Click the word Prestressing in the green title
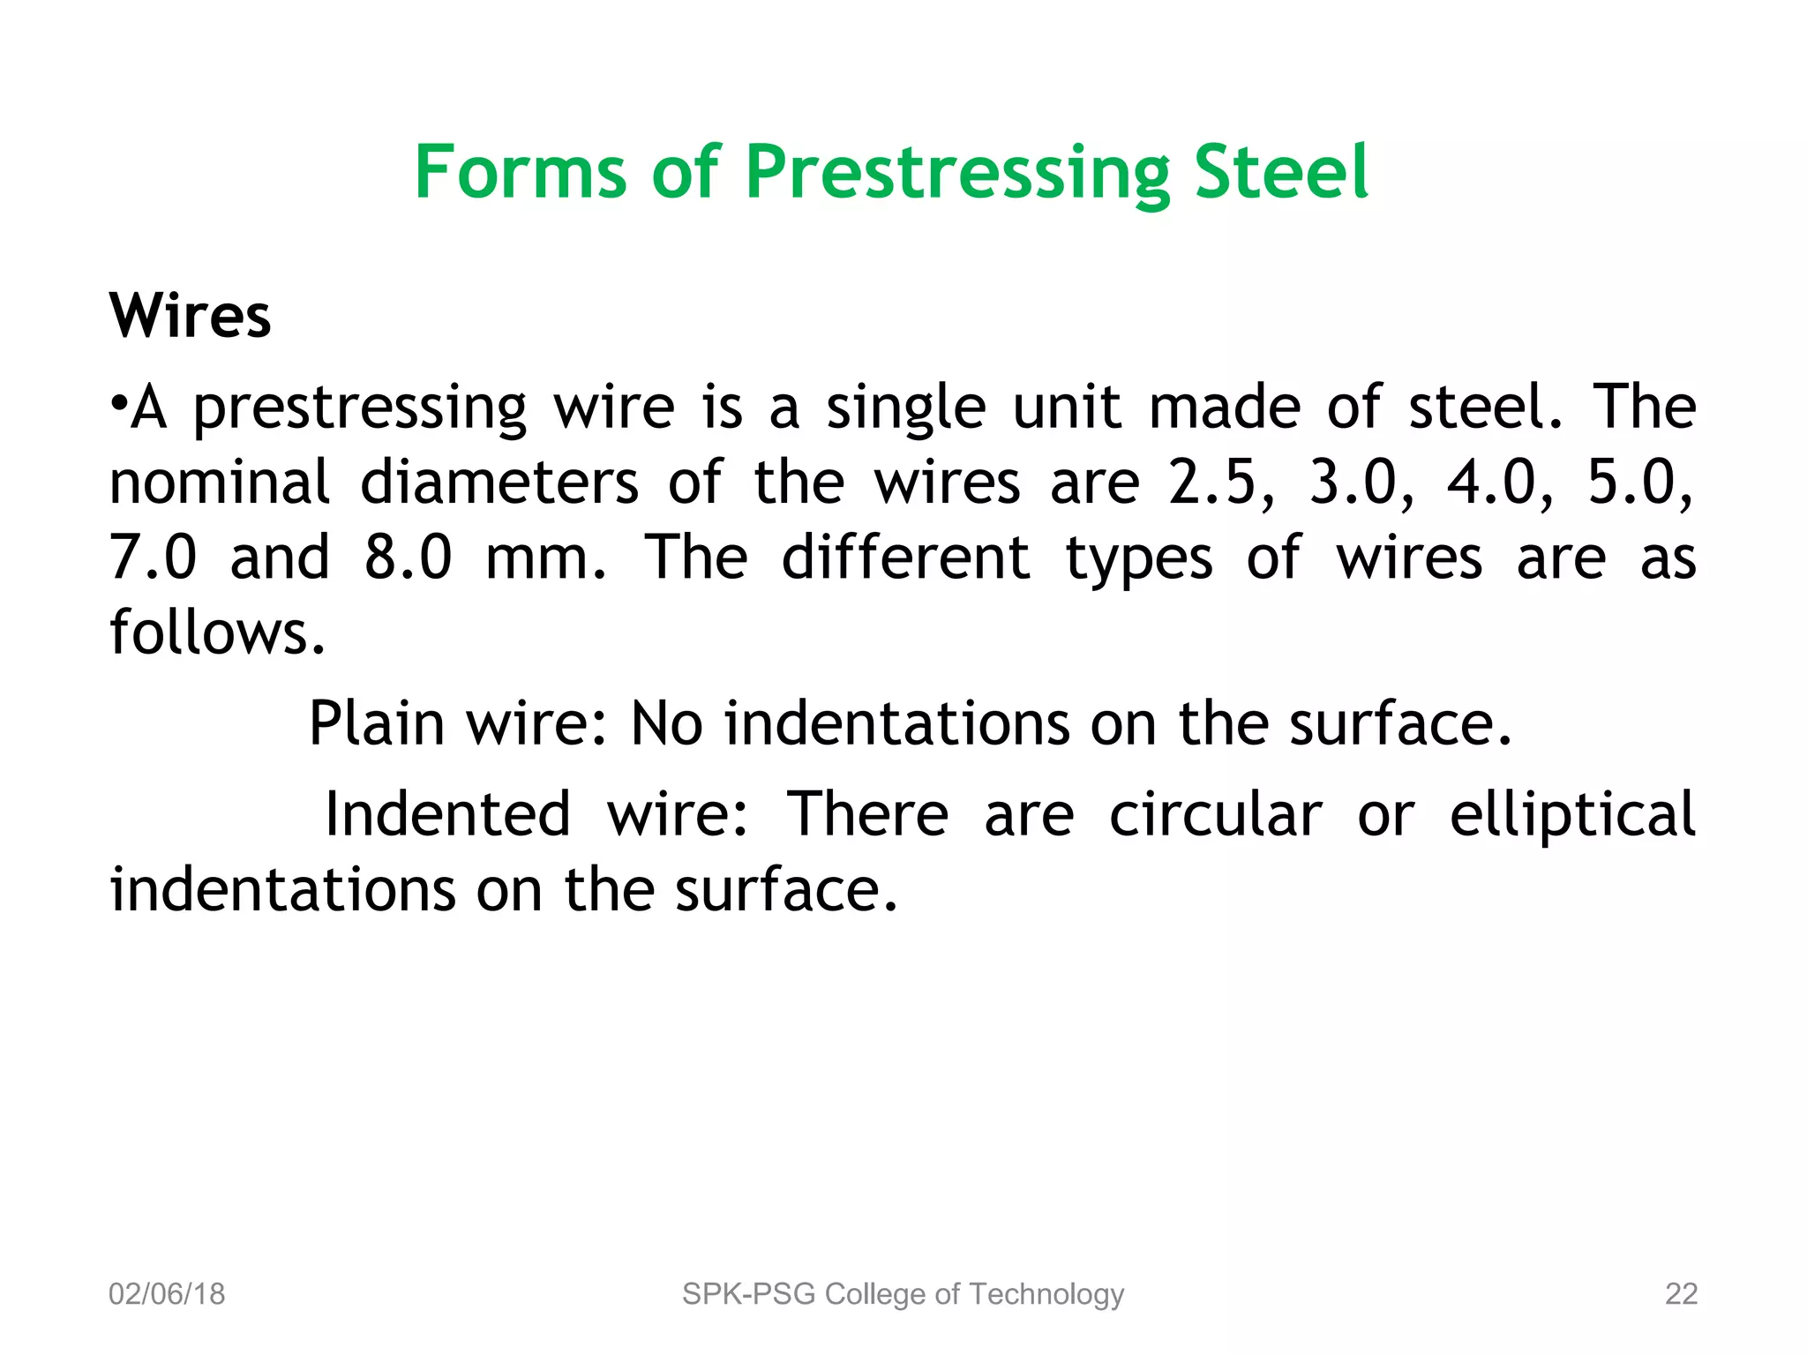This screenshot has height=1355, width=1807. pyautogui.click(x=956, y=173)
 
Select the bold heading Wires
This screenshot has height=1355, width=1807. pyautogui.click(x=190, y=316)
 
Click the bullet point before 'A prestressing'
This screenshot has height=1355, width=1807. pyautogui.click(x=118, y=407)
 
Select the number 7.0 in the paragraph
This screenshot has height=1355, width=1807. pyautogui.click(x=153, y=558)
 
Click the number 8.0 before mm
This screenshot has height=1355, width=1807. pyautogui.click(x=408, y=558)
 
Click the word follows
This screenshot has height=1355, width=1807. pyautogui.click(x=217, y=633)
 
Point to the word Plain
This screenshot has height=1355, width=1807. pyautogui.click(x=377, y=724)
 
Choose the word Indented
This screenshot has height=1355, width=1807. pyautogui.click(x=448, y=814)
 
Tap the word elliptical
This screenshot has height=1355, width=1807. pyautogui.click(x=1572, y=814)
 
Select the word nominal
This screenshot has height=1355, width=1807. pyautogui.click(x=219, y=483)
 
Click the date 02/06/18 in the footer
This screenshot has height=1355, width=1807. pyautogui.click(x=167, y=1294)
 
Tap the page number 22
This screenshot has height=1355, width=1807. pyautogui.click(x=1681, y=1294)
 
